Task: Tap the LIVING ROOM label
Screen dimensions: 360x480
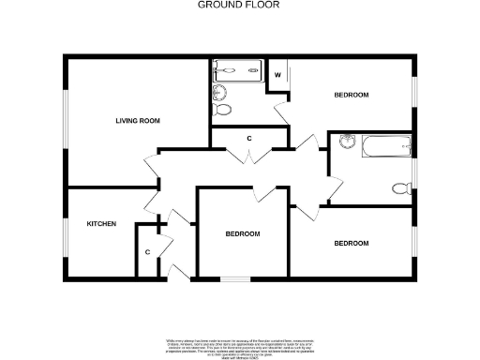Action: click(138, 120)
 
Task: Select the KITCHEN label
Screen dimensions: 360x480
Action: click(101, 224)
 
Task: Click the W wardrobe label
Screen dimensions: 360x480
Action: click(278, 74)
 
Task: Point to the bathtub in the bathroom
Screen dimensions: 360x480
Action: click(387, 145)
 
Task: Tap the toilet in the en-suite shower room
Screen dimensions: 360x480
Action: click(224, 110)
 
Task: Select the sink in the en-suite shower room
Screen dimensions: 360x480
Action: click(219, 91)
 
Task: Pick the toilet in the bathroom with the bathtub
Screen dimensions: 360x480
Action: click(401, 187)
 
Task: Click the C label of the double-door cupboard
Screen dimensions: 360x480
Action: click(248, 139)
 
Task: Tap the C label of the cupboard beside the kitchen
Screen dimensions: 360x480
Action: click(147, 251)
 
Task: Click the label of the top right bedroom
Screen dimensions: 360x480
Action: click(352, 96)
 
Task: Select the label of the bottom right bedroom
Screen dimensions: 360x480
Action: click(352, 244)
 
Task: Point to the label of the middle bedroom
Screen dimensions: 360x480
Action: click(242, 233)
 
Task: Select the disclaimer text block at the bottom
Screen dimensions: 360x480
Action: click(240, 345)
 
